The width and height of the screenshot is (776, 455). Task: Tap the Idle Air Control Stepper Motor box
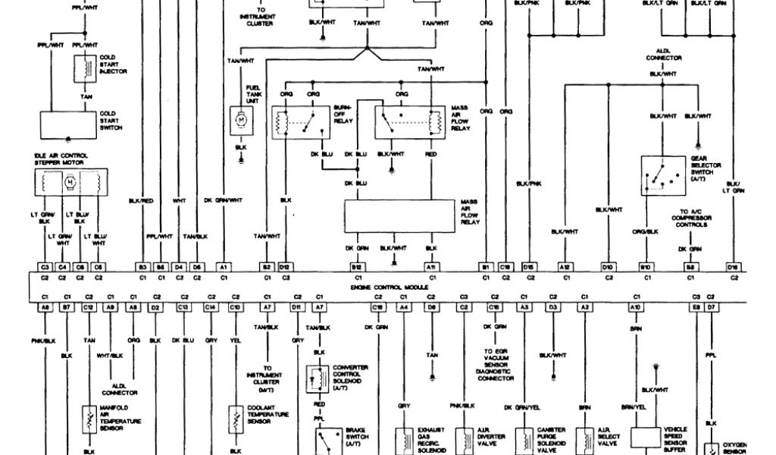[70, 183]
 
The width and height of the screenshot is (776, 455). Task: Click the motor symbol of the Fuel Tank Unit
[240, 119]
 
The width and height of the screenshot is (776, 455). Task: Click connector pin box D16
[733, 268]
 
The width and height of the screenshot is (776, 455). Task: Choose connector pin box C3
[45, 268]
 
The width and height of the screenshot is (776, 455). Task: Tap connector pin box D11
[297, 306]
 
